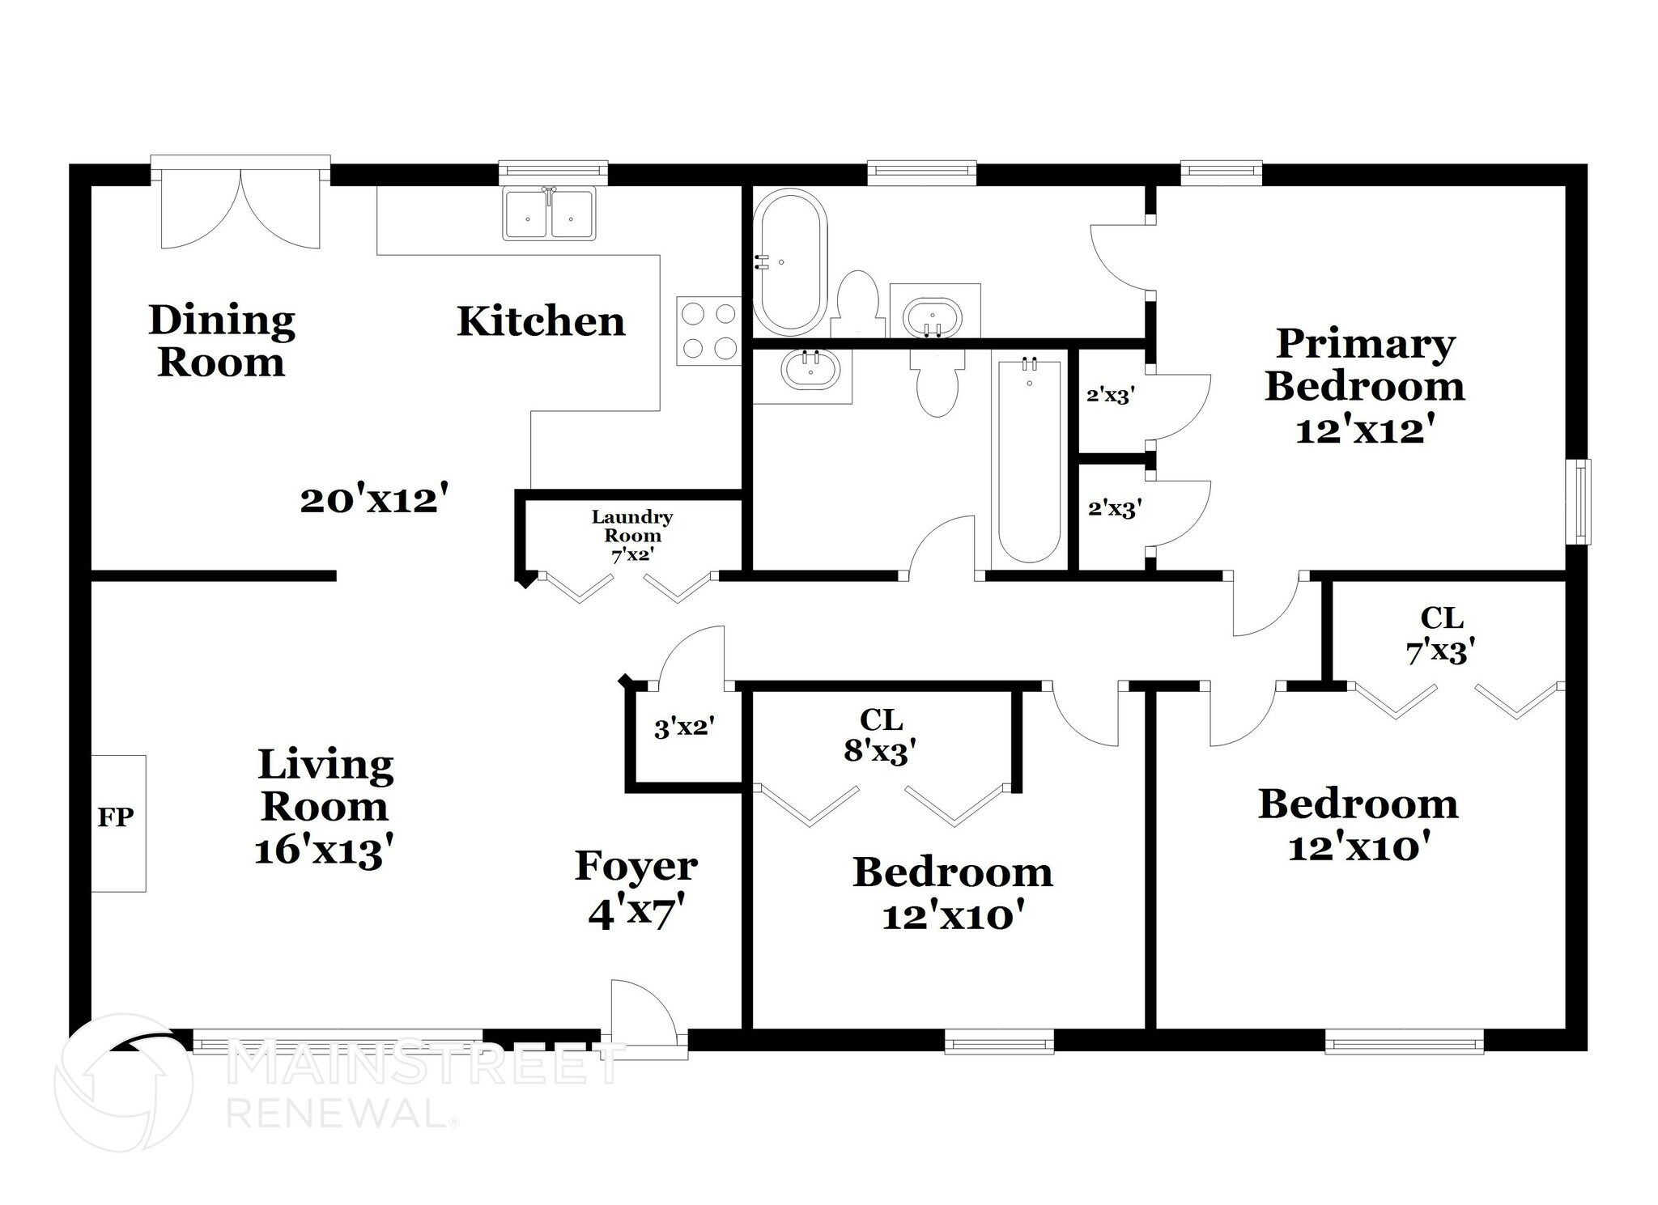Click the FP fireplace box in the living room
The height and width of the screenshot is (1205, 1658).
[x=118, y=822]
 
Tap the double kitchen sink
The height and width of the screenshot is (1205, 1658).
[x=549, y=214]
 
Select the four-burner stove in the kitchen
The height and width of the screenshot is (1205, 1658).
[x=708, y=330]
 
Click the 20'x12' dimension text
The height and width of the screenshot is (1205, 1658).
[x=373, y=499]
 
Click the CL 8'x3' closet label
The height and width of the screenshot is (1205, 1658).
[x=880, y=736]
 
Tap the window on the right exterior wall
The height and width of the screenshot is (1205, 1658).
[x=1577, y=502]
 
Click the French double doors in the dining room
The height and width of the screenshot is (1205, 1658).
[x=240, y=206]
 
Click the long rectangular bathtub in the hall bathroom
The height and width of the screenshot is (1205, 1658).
[x=1028, y=461]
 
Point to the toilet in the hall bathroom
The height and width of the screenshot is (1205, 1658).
[x=937, y=383]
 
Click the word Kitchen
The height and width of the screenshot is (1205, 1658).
[x=541, y=321]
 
